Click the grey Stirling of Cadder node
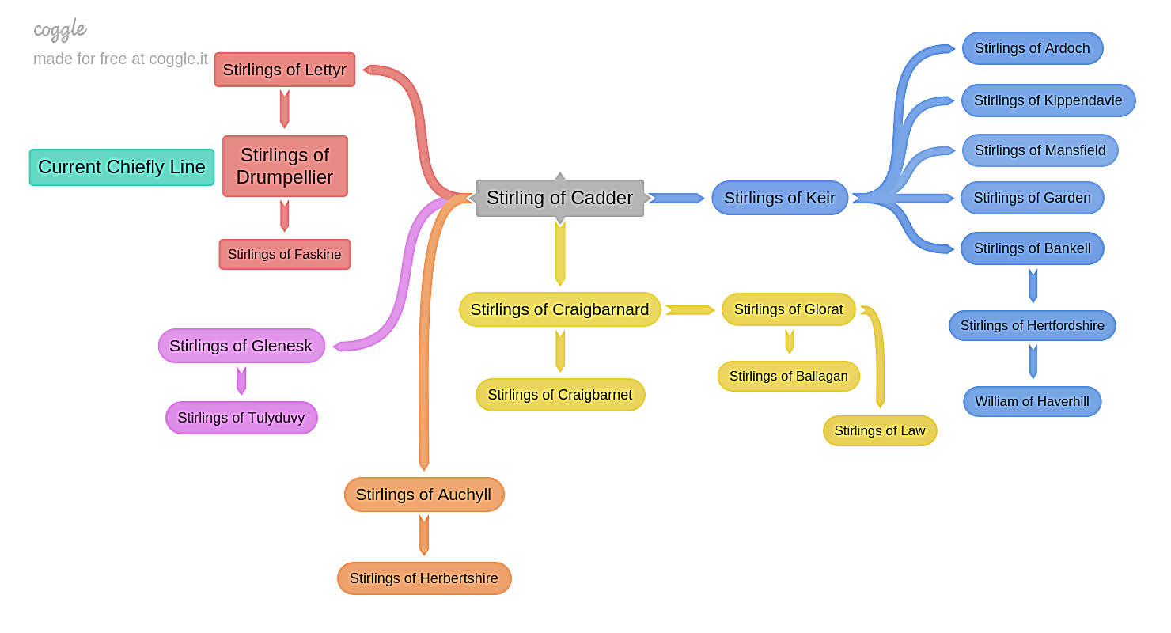point(559,198)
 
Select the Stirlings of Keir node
point(779,198)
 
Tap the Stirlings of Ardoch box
point(1032,48)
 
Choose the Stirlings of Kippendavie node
point(1048,100)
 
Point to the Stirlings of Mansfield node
point(1040,150)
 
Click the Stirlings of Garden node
point(1032,198)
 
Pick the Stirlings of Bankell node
point(1032,248)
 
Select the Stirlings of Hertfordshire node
point(1032,326)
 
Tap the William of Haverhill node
point(1032,402)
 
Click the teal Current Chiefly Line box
point(122,167)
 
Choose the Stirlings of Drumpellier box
point(285,166)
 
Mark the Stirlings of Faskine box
point(285,255)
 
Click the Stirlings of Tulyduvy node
point(241,418)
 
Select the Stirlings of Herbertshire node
point(424,578)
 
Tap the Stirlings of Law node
point(880,431)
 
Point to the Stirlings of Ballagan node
point(789,377)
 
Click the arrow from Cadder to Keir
point(676,198)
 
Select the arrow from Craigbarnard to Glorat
point(690,310)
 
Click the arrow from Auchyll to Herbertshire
point(424,536)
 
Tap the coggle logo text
point(60,30)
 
